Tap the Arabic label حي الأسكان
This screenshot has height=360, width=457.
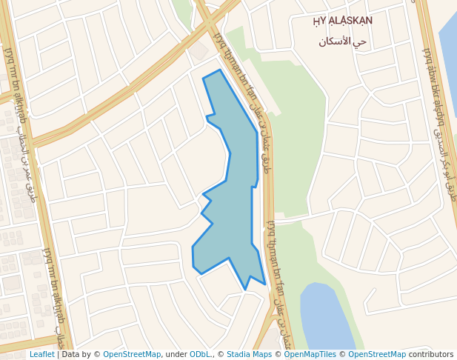pyautogui.click(x=343, y=41)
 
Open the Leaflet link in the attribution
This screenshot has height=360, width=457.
pyautogui.click(x=41, y=354)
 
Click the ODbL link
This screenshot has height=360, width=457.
pyautogui.click(x=200, y=354)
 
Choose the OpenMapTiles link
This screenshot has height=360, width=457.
pyautogui.click(x=310, y=354)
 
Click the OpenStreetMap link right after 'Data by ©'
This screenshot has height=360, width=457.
pyautogui.click(x=132, y=354)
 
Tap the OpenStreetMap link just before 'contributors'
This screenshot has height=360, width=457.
pyautogui.click(x=377, y=354)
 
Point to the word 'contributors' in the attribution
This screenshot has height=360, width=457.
pyautogui.click(x=431, y=354)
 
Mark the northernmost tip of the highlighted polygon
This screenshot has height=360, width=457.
pyautogui.click(x=220, y=70)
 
